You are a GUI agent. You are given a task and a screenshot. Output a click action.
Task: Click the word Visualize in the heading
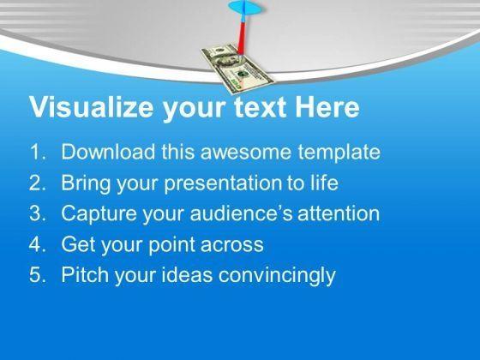pos(91,107)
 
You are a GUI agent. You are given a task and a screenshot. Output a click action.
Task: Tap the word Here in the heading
pos(327,107)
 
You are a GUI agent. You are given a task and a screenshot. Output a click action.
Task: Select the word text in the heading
pos(260,108)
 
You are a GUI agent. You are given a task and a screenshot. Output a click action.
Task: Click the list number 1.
pos(38,152)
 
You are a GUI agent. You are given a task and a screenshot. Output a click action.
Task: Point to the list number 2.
pos(38,183)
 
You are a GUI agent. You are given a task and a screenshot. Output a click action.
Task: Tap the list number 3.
pos(38,213)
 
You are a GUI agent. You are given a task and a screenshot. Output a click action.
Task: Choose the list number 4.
pos(38,244)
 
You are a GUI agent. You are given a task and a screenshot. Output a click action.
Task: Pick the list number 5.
pos(38,274)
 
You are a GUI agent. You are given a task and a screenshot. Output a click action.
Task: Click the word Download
pos(108,152)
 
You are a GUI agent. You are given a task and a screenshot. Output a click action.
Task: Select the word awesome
pos(245,153)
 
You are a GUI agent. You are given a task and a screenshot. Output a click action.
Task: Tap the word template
pos(339,153)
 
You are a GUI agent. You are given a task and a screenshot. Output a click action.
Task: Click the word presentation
pos(222,183)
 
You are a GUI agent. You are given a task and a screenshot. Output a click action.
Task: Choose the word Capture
pos(99,213)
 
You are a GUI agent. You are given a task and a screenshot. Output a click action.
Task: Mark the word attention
pos(339,213)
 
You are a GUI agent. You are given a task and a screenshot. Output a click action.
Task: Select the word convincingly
pos(277,275)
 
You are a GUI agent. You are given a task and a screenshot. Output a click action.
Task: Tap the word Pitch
pos(85,274)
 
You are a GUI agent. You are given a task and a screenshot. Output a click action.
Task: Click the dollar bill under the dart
pos(237,68)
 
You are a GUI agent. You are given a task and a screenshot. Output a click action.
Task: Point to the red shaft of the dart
pos(242,38)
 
